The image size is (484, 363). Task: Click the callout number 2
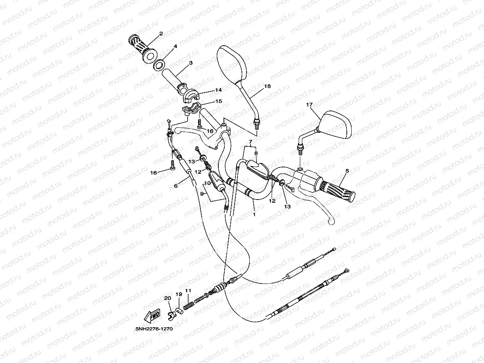[x=161, y=33]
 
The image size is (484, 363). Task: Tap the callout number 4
[x=175, y=46]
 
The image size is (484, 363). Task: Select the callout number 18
[x=267, y=86]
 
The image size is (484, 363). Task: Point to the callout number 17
[x=309, y=105]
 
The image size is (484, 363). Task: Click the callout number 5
[x=347, y=171]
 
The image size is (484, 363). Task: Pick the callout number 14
[x=218, y=90]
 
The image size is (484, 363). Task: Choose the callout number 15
[x=218, y=101]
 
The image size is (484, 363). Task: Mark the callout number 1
[x=254, y=214]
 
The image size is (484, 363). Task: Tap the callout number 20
[x=167, y=298]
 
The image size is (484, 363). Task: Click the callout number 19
[x=179, y=294]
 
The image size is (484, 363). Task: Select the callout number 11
[x=188, y=291]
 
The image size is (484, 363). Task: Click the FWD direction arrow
[x=152, y=316]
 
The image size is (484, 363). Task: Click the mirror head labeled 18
[x=231, y=64]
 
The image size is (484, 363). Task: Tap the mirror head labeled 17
[x=335, y=124]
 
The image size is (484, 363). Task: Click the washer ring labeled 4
[x=159, y=64]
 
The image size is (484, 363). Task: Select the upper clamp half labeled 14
[x=191, y=95]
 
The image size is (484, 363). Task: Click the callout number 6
[x=176, y=186]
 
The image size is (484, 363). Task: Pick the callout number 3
[x=191, y=63]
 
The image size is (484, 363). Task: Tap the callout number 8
[x=256, y=153]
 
